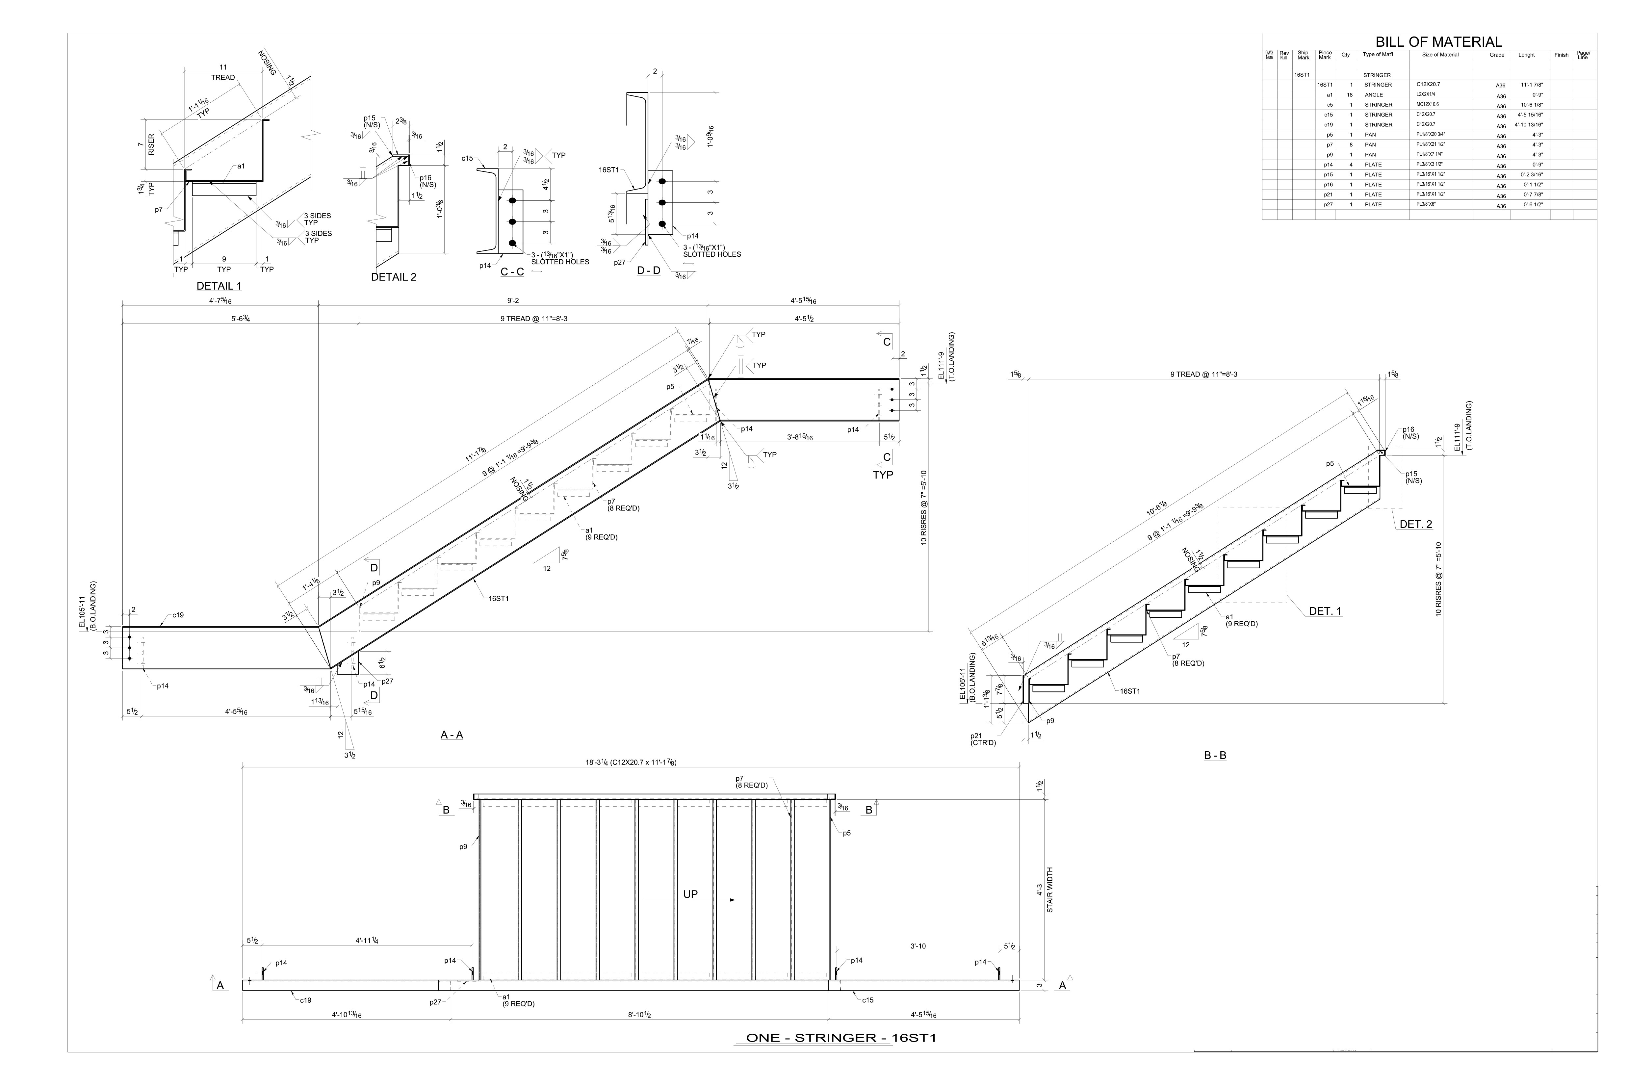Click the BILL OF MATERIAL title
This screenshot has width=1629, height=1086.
[1438, 42]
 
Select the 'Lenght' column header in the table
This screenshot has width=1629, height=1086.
[1527, 55]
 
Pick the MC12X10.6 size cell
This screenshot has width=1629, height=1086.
[1428, 105]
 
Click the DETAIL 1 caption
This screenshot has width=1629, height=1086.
[219, 286]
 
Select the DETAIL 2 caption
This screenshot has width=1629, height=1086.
[393, 277]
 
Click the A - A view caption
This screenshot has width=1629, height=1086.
[452, 735]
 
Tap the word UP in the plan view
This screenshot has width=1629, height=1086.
[690, 894]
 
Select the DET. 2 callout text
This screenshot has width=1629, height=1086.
[1416, 524]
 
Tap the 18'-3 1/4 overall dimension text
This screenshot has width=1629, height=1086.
[630, 763]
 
